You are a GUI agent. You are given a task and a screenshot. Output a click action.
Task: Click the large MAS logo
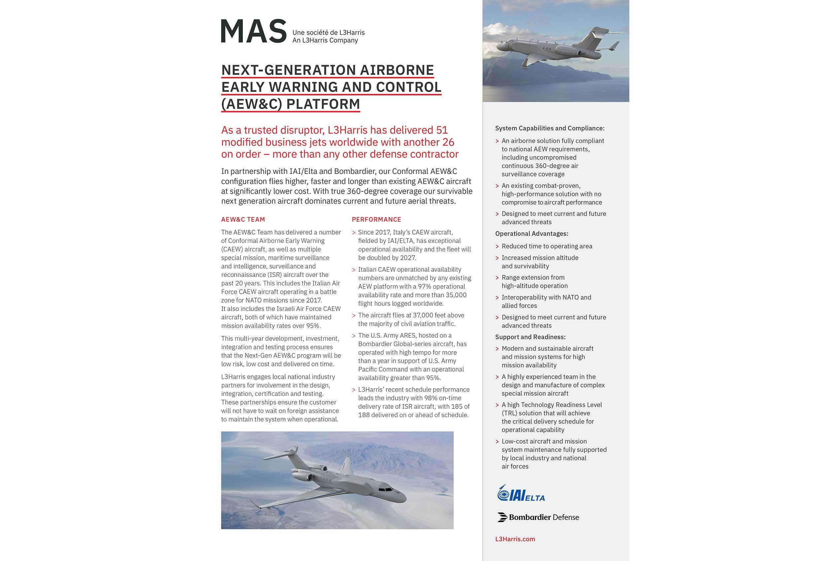point(253,31)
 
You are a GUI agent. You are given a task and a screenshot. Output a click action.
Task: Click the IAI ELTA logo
point(521,494)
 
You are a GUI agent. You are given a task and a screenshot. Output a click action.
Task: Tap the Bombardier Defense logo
point(538,517)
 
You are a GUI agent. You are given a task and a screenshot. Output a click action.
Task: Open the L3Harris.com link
point(515,539)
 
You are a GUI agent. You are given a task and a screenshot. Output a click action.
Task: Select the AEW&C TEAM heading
point(243,219)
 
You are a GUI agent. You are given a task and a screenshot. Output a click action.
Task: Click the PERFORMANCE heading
point(376,219)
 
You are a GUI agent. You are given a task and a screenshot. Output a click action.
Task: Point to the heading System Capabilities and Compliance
point(549,128)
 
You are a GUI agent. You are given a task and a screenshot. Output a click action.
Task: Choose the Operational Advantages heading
point(531,234)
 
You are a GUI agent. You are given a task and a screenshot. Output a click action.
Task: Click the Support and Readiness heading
point(530,337)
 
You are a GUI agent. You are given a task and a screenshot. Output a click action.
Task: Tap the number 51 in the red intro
point(442,130)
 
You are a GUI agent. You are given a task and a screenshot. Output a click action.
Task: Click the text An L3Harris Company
point(325,41)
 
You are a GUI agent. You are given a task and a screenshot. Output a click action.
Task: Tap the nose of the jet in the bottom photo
point(403,497)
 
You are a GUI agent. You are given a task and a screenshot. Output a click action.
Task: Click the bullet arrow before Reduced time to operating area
point(497,247)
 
